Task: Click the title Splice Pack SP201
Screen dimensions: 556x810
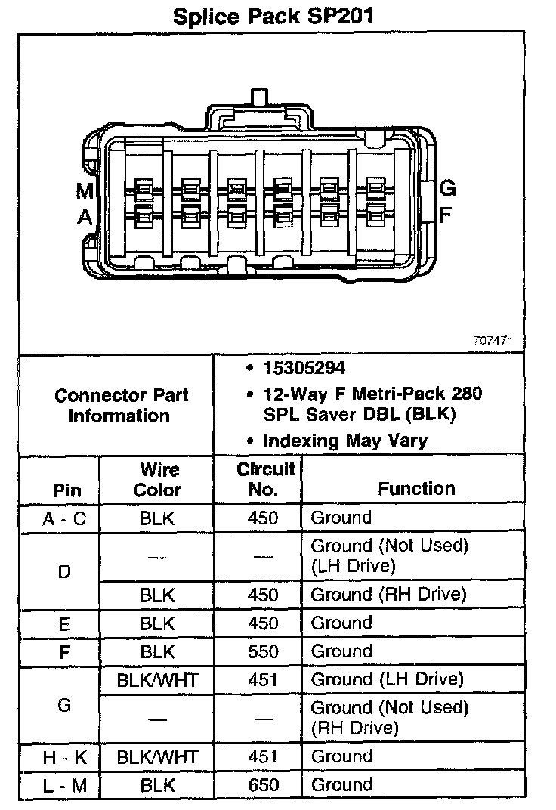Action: pyautogui.click(x=273, y=16)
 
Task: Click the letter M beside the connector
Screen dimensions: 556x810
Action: pyautogui.click(x=85, y=192)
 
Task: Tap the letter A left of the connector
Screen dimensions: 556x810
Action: pyautogui.click(x=85, y=218)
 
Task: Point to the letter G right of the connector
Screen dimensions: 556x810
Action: pyautogui.click(x=448, y=188)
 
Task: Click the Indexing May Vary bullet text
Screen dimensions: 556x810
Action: pyautogui.click(x=344, y=441)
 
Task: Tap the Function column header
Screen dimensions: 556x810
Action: pyautogui.click(x=416, y=488)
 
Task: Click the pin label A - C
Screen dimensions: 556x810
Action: pyautogui.click(x=64, y=518)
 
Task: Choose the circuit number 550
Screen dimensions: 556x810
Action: pyautogui.click(x=263, y=651)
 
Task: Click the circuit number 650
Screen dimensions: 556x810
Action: pyautogui.click(x=263, y=784)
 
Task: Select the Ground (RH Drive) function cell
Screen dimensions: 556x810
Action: pyautogui.click(x=388, y=594)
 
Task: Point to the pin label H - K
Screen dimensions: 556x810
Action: pyautogui.click(x=64, y=756)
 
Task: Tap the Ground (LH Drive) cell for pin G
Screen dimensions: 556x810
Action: pyautogui.click(x=387, y=679)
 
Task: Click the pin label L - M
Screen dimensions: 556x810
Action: pyautogui.click(x=64, y=785)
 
